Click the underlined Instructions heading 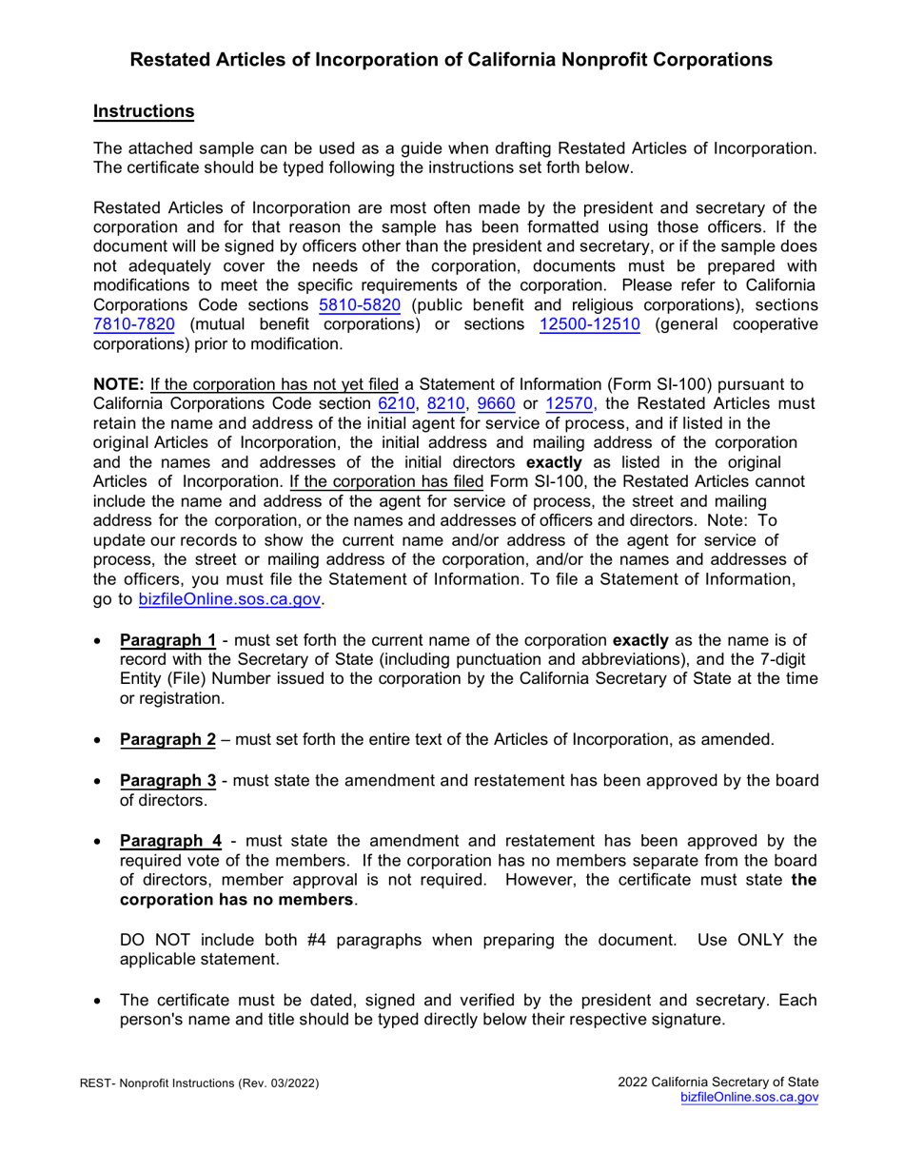click(144, 111)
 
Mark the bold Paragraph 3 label click(167, 781)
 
